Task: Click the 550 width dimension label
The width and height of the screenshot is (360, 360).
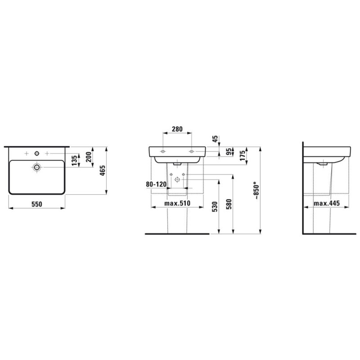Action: [x=36, y=204]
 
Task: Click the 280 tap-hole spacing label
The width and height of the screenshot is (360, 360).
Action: [x=177, y=130]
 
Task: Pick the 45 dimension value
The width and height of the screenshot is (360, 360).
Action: [x=215, y=139]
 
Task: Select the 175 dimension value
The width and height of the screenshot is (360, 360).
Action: [x=242, y=156]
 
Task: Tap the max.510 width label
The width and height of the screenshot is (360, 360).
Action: [x=177, y=204]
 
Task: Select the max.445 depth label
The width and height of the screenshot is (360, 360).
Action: [x=326, y=204]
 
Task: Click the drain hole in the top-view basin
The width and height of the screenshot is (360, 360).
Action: [x=36, y=167]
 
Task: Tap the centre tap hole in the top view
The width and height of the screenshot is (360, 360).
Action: [x=36, y=154]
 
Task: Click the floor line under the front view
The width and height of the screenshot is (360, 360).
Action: [x=177, y=234]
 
